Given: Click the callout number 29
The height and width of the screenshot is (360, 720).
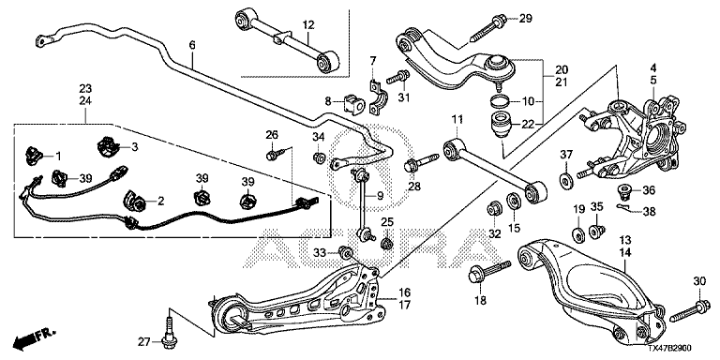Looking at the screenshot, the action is pos(525,19).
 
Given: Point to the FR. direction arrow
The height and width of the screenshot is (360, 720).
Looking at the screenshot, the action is pos(34,337).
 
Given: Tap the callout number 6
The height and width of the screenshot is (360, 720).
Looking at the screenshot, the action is pos(192,45).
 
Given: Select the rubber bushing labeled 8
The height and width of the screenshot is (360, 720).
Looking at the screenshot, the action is pos(353,105).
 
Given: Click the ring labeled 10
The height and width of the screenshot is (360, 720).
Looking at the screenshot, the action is pos(500,100).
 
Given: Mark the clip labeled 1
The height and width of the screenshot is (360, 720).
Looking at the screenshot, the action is pos(34,156).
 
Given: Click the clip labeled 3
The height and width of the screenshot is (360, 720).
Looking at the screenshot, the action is pos(109,146).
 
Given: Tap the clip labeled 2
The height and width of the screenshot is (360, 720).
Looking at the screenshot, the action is pos(133,199).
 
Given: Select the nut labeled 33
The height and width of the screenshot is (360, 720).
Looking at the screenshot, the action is pos(345,252).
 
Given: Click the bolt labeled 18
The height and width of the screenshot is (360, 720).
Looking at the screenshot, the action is pos(489,272).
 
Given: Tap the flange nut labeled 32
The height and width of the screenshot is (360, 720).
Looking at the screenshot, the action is pos(495,208).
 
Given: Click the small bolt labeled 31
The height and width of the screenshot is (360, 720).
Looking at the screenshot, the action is pos(398,77).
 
